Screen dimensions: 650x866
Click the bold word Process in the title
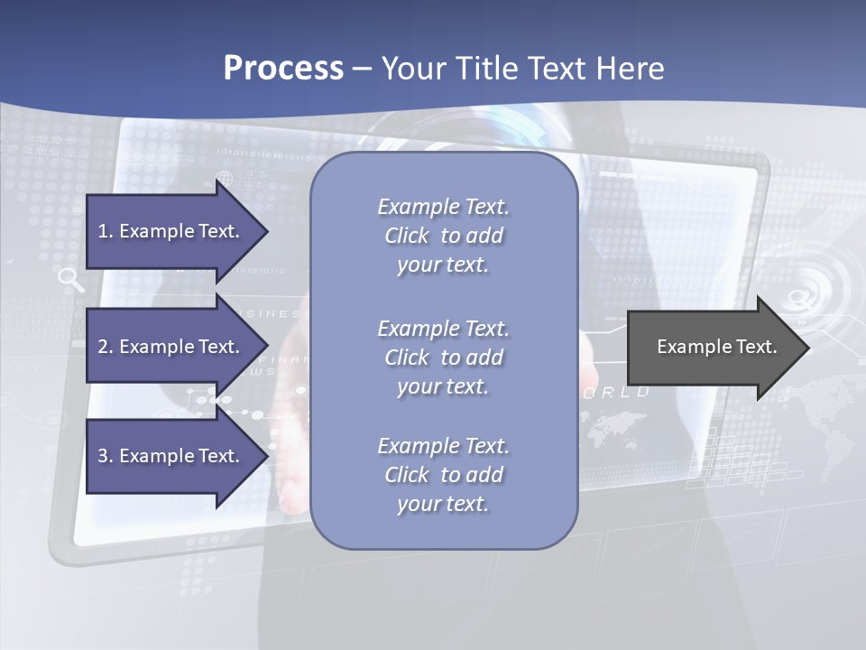tap(283, 69)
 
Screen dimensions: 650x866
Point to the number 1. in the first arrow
tap(106, 231)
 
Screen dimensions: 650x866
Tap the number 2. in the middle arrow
tap(106, 347)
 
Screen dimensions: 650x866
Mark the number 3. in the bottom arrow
tap(106, 456)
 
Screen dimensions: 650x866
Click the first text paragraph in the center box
tap(443, 236)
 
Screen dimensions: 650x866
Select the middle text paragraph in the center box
tap(443, 357)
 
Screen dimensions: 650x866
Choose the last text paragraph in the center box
tap(443, 475)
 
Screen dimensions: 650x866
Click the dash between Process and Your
tap(362, 69)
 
